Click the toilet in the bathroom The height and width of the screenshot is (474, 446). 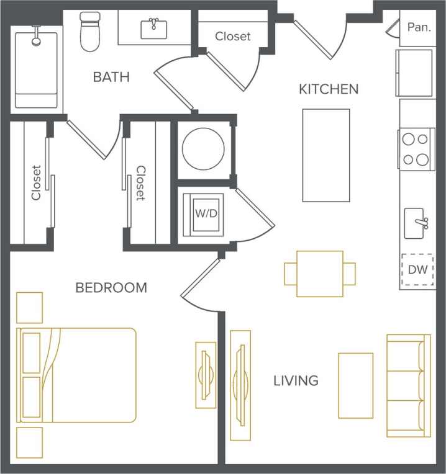tap(90, 32)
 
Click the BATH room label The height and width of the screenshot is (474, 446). tap(111, 77)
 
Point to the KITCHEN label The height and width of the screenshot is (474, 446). tap(329, 89)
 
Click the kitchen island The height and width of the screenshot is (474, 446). tap(325, 155)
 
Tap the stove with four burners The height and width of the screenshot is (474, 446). tap(416, 148)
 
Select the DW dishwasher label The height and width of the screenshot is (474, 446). tap(416, 270)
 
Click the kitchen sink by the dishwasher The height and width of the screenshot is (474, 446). tap(416, 223)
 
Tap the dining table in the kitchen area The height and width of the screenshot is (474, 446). tap(320, 274)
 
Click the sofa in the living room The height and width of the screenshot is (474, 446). tap(408, 385)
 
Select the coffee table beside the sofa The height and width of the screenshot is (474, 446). tap(355, 385)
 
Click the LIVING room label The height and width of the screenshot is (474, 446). tap(296, 380)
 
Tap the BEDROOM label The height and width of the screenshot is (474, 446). tap(111, 287)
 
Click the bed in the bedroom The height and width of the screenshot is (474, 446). tap(78, 375)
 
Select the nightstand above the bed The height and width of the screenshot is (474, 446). tap(30, 308)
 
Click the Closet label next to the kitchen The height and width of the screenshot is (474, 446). tap(233, 37)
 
